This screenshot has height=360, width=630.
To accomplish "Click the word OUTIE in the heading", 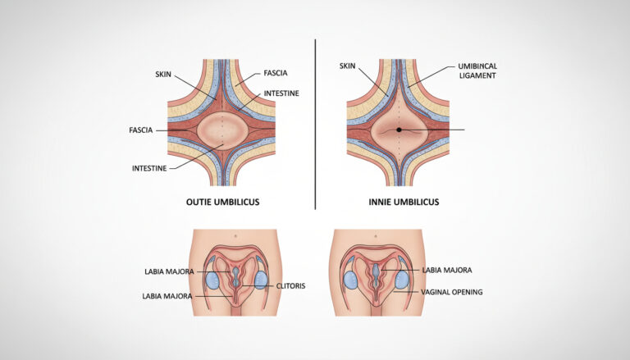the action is [x=197, y=202].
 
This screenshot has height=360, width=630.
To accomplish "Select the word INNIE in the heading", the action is [x=379, y=202].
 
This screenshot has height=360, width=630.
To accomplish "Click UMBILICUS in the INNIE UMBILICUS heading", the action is [x=416, y=202].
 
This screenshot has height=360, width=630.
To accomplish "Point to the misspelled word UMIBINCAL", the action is [x=477, y=66].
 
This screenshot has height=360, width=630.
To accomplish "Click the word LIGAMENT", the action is [x=477, y=75].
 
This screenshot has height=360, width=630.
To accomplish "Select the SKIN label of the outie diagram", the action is [x=163, y=75].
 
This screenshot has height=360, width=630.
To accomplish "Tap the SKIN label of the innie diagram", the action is [x=348, y=66].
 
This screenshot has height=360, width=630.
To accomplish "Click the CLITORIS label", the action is [x=290, y=286].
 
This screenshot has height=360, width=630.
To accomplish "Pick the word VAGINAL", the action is [x=435, y=292].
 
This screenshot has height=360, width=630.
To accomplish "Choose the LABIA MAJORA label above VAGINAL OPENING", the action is [x=447, y=271].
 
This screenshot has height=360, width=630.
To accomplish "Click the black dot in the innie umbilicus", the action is [x=399, y=130].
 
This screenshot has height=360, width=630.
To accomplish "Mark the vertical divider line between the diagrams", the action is [x=315, y=124].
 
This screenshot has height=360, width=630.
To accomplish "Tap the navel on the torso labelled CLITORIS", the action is [x=235, y=235].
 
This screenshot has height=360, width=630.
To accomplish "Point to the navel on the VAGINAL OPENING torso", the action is [x=376, y=236].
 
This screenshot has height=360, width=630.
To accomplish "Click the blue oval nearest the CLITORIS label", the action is [x=261, y=280].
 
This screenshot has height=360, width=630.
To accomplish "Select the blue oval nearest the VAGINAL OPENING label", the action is [x=402, y=280].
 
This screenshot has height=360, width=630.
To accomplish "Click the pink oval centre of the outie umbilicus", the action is [x=222, y=131].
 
